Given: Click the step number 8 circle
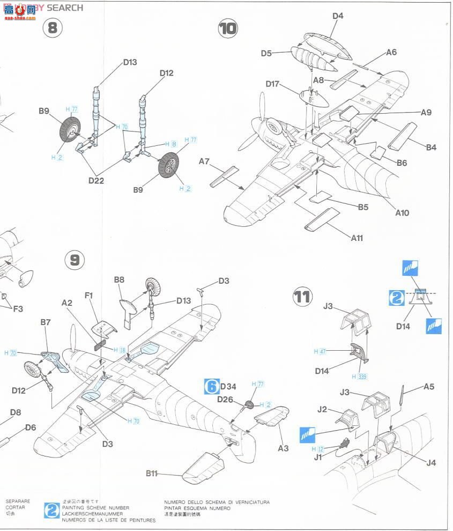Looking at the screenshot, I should coord(52,27).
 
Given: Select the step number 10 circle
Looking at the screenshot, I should coord(227,28).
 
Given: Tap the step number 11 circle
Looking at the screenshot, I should coord(302,297).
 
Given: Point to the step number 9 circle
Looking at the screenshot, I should coord(75,260).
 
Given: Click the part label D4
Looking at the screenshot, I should coord(337,16).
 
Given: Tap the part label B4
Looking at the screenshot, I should coord(430,147).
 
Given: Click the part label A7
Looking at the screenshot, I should coord(205,161).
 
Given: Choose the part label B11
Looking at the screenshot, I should coord(154,474).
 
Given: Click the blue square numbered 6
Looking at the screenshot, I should coord(212,386).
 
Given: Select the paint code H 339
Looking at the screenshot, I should coord(361,376).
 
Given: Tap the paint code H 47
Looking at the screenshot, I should coord(320,351).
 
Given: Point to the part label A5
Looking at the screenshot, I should coord(429,386).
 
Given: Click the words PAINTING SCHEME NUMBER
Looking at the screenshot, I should coord(95,507).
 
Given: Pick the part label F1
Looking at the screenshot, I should coord(90,295).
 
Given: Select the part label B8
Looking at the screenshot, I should coord(119,279).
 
